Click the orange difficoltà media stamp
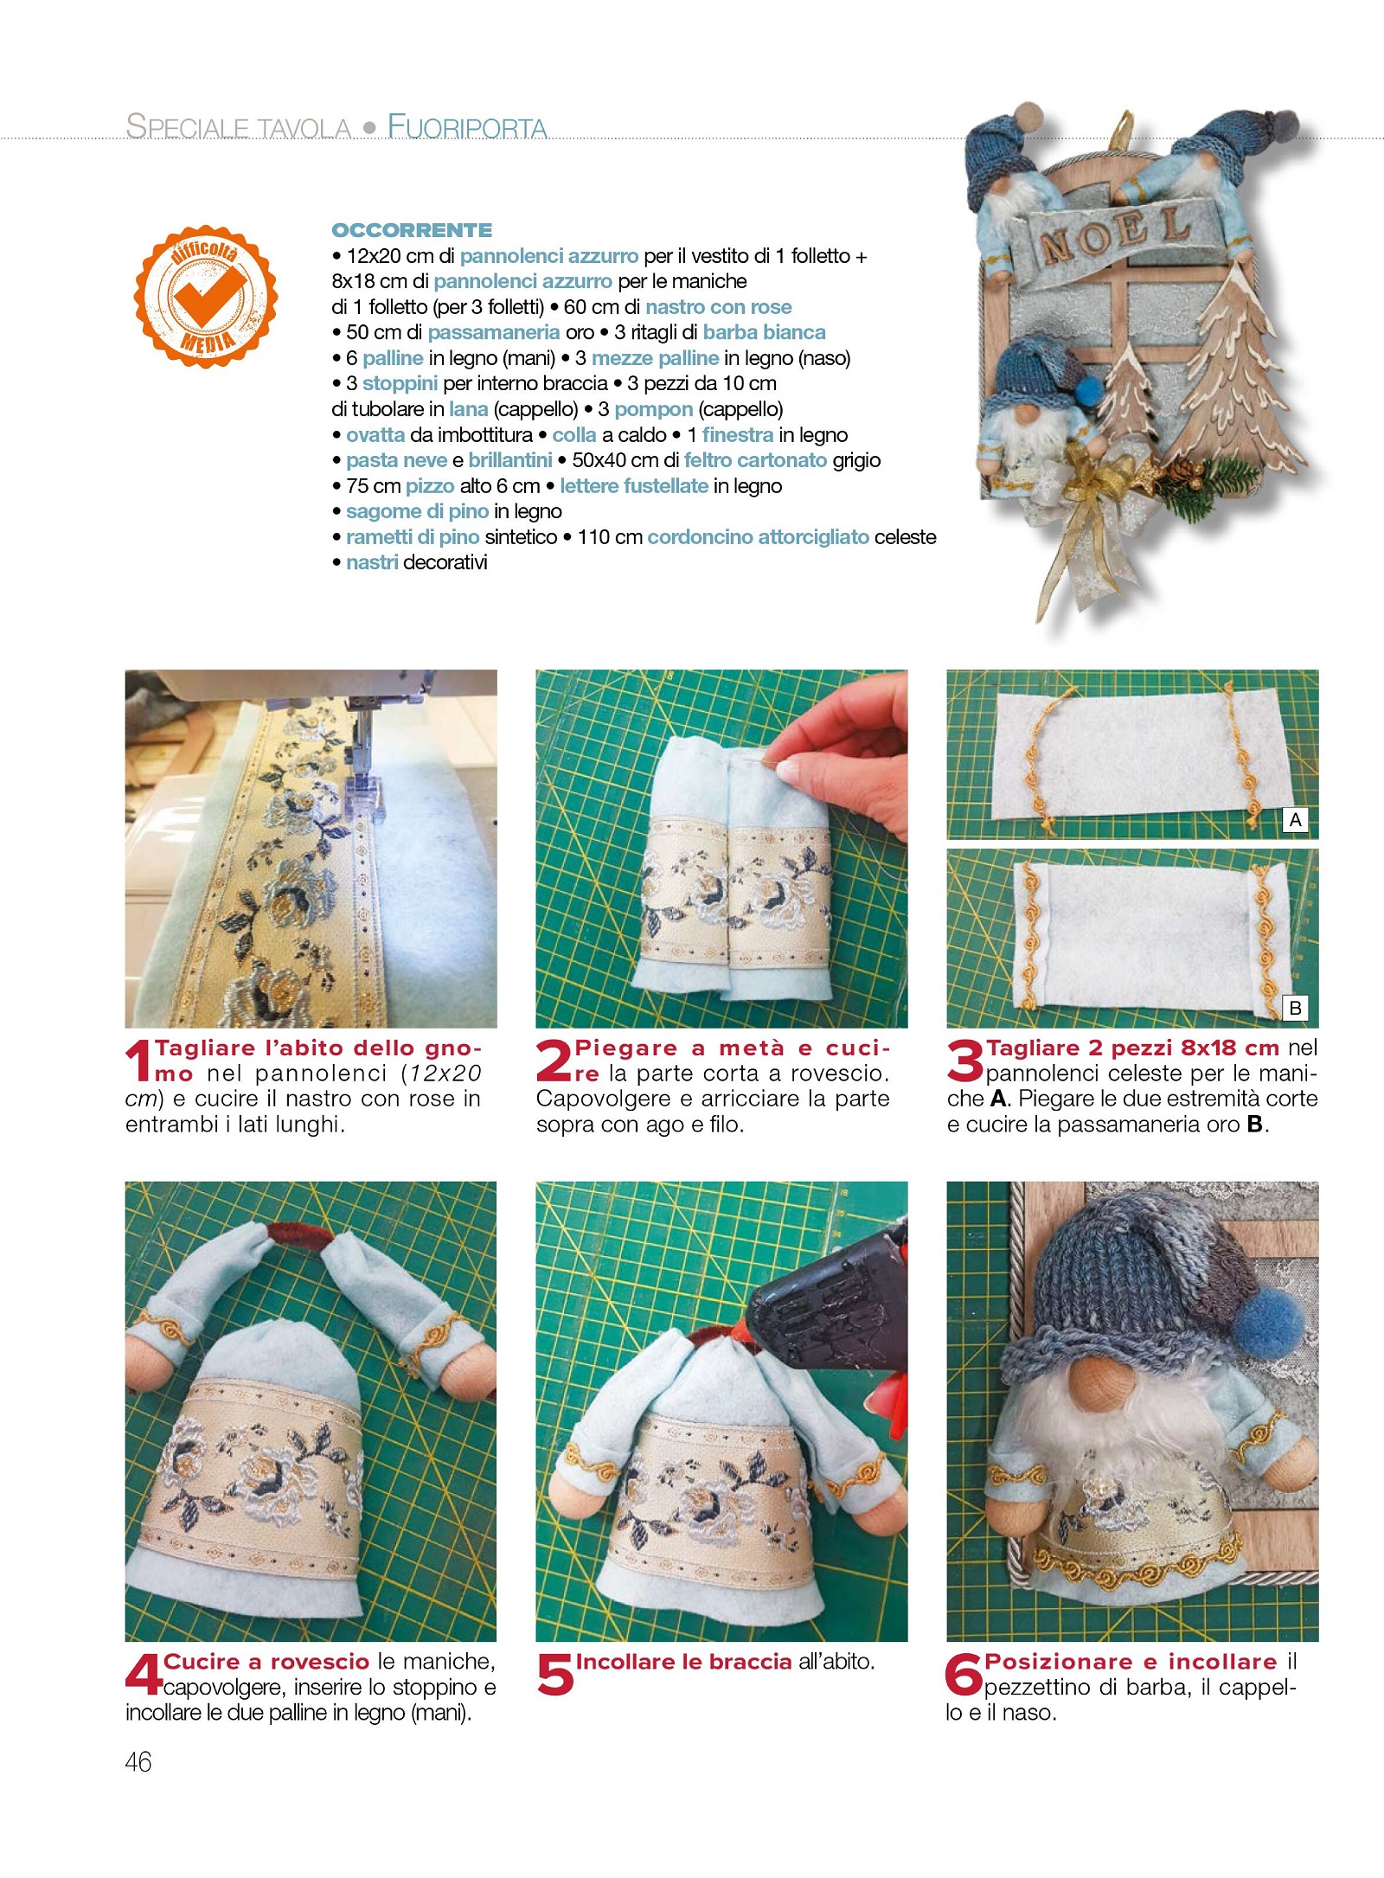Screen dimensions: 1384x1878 click(x=206, y=297)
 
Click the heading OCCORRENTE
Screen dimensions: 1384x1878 click(x=412, y=230)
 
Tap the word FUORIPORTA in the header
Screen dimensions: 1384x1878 click(x=467, y=126)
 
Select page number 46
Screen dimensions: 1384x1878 click(x=138, y=1762)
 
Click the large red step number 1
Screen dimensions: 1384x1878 click(x=138, y=1062)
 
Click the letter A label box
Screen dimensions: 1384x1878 click(x=1295, y=820)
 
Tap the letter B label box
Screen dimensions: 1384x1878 click(x=1295, y=1008)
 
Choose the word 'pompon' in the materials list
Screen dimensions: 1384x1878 click(x=654, y=409)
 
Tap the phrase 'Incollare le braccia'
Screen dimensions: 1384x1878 click(x=684, y=1662)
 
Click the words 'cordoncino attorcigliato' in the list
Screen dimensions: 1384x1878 click(x=758, y=537)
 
